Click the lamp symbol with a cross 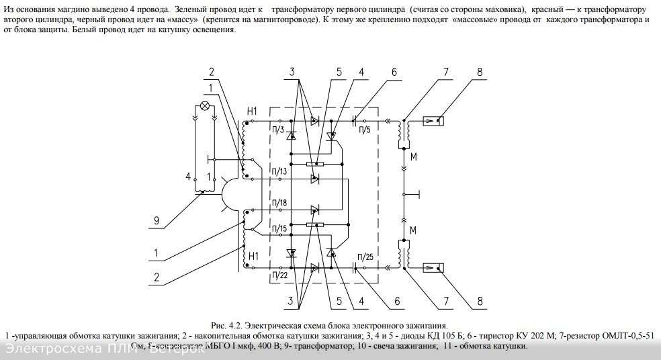pyautogui.click(x=204, y=106)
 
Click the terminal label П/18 pyautogui.click(x=280, y=202)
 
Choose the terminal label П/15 pyautogui.click(x=280, y=230)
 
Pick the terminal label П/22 pyautogui.click(x=280, y=273)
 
